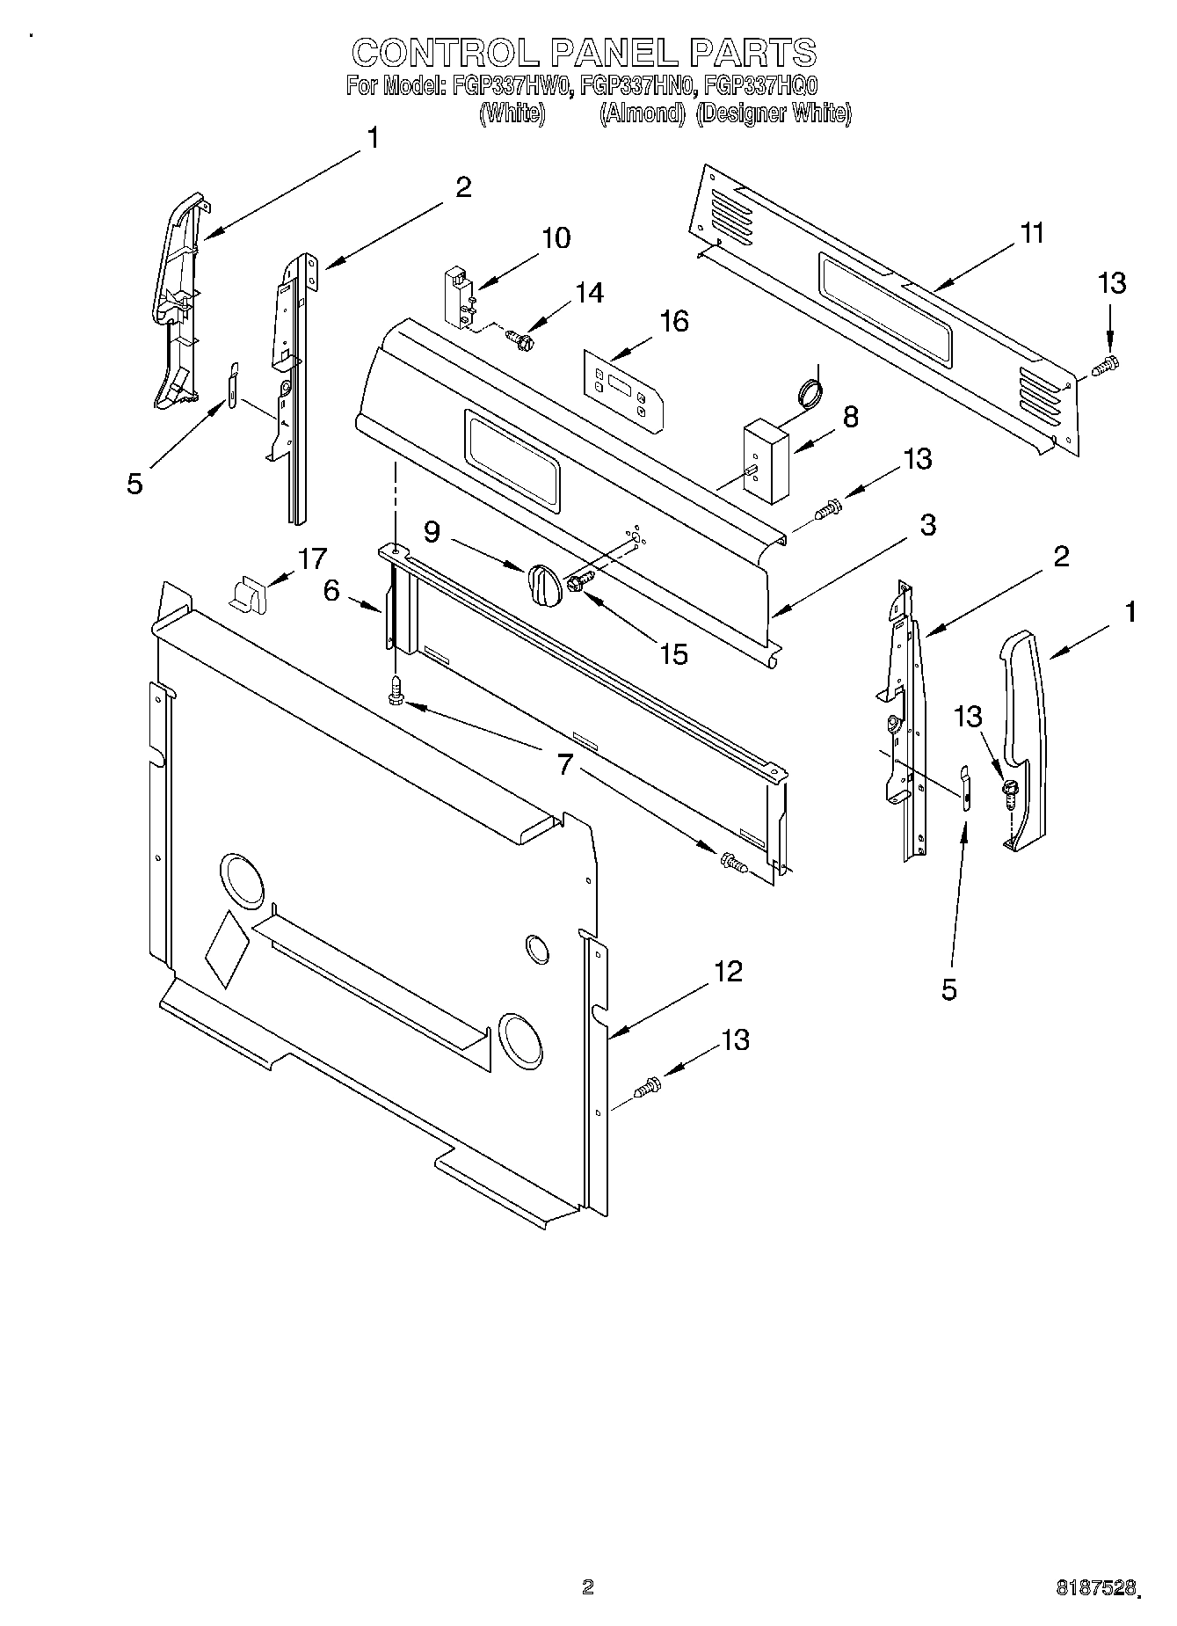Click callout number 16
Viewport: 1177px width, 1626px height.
[673, 322]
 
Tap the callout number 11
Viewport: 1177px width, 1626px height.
[1032, 233]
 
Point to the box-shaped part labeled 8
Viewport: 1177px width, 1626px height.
[765, 460]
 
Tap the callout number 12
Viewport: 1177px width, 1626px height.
[729, 972]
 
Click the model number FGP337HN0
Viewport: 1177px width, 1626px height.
[634, 86]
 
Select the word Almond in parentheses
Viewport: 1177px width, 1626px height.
[643, 113]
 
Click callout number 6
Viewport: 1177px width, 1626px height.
[331, 591]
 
